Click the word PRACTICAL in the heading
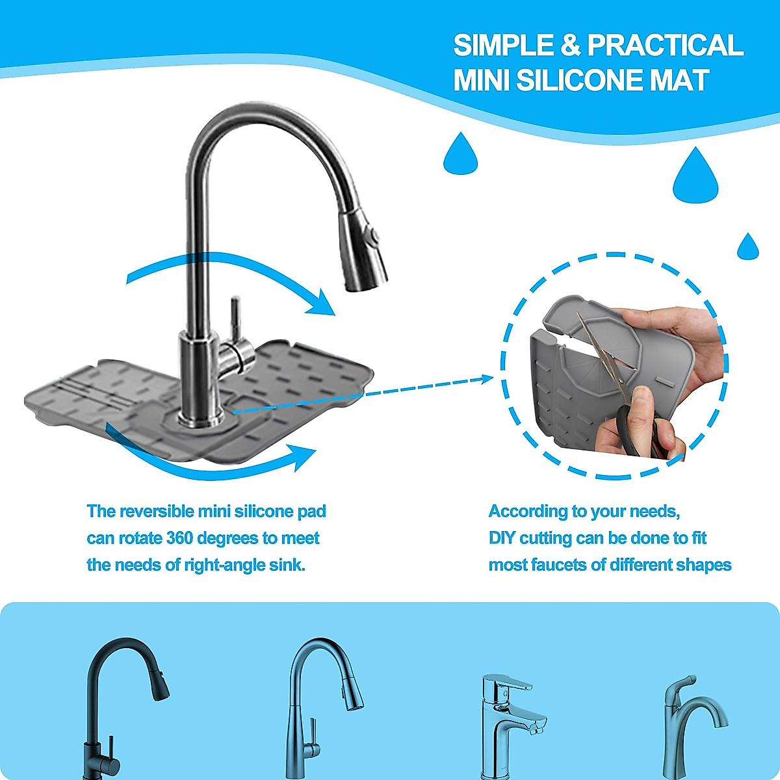coord(664,45)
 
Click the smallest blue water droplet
coord(747,248)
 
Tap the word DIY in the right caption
coord(502,538)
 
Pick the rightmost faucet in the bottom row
coord(689,721)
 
